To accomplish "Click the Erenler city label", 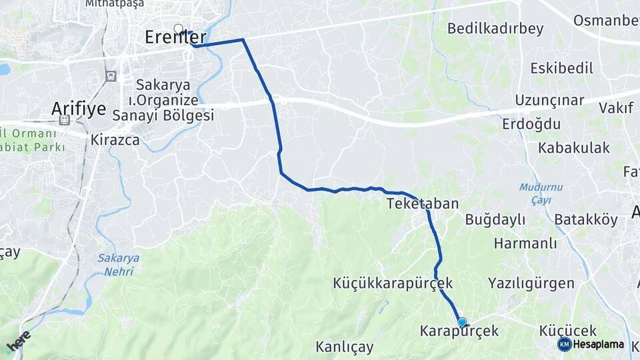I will [x=175, y=38].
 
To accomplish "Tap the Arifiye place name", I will [x=79, y=109].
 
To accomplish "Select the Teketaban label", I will [x=422, y=203].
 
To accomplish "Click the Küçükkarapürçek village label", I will [x=393, y=283].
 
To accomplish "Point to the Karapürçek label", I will [x=459, y=331].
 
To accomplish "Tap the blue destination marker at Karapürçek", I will [x=462, y=323].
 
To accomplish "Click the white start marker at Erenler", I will [x=178, y=29].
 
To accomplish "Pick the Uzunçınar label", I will [x=558, y=101].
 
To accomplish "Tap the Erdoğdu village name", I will [x=532, y=124].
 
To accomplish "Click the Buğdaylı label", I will [x=495, y=219].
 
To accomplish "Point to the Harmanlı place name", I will [x=525, y=243].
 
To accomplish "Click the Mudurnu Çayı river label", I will [x=541, y=193].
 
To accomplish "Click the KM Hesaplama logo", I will [x=591, y=344].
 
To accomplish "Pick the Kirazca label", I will [x=115, y=140].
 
